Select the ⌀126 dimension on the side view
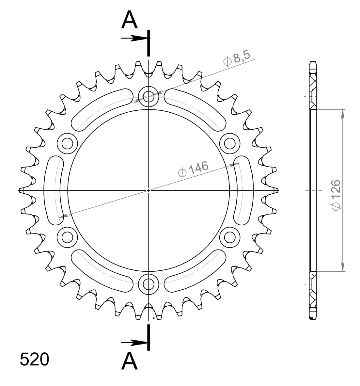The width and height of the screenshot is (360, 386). tap(336, 194)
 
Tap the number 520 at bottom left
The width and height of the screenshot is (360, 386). tap(34, 360)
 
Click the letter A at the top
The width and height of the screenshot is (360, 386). tap(130, 20)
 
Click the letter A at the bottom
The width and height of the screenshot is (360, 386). tap(130, 361)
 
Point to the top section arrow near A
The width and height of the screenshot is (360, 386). tap(134, 38)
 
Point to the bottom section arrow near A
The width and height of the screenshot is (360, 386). tap(134, 343)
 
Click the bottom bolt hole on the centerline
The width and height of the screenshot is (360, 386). tap(149, 284)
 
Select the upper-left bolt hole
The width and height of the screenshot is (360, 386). tap(67, 143)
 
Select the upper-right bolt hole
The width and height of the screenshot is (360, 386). tap(230, 143)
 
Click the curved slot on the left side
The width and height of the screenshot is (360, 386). tap(52, 190)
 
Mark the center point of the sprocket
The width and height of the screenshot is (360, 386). tap(149, 190)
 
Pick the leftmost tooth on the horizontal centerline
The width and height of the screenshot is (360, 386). tap(22, 190)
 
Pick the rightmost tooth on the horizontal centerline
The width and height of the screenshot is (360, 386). tap(276, 190)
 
